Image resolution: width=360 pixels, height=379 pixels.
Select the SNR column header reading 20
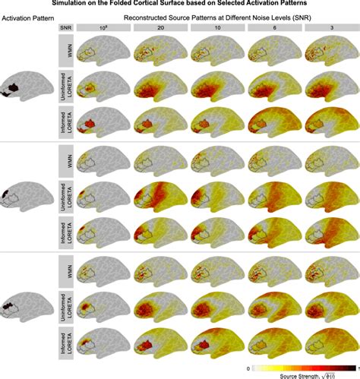click(x=159, y=27)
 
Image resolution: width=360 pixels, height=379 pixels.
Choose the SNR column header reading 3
click(x=330, y=27)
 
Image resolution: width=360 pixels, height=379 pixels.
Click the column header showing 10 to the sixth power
click(x=103, y=27)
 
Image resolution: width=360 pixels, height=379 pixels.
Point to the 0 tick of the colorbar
click(x=229, y=367)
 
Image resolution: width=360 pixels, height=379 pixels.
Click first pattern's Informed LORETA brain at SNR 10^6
click(x=103, y=123)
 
